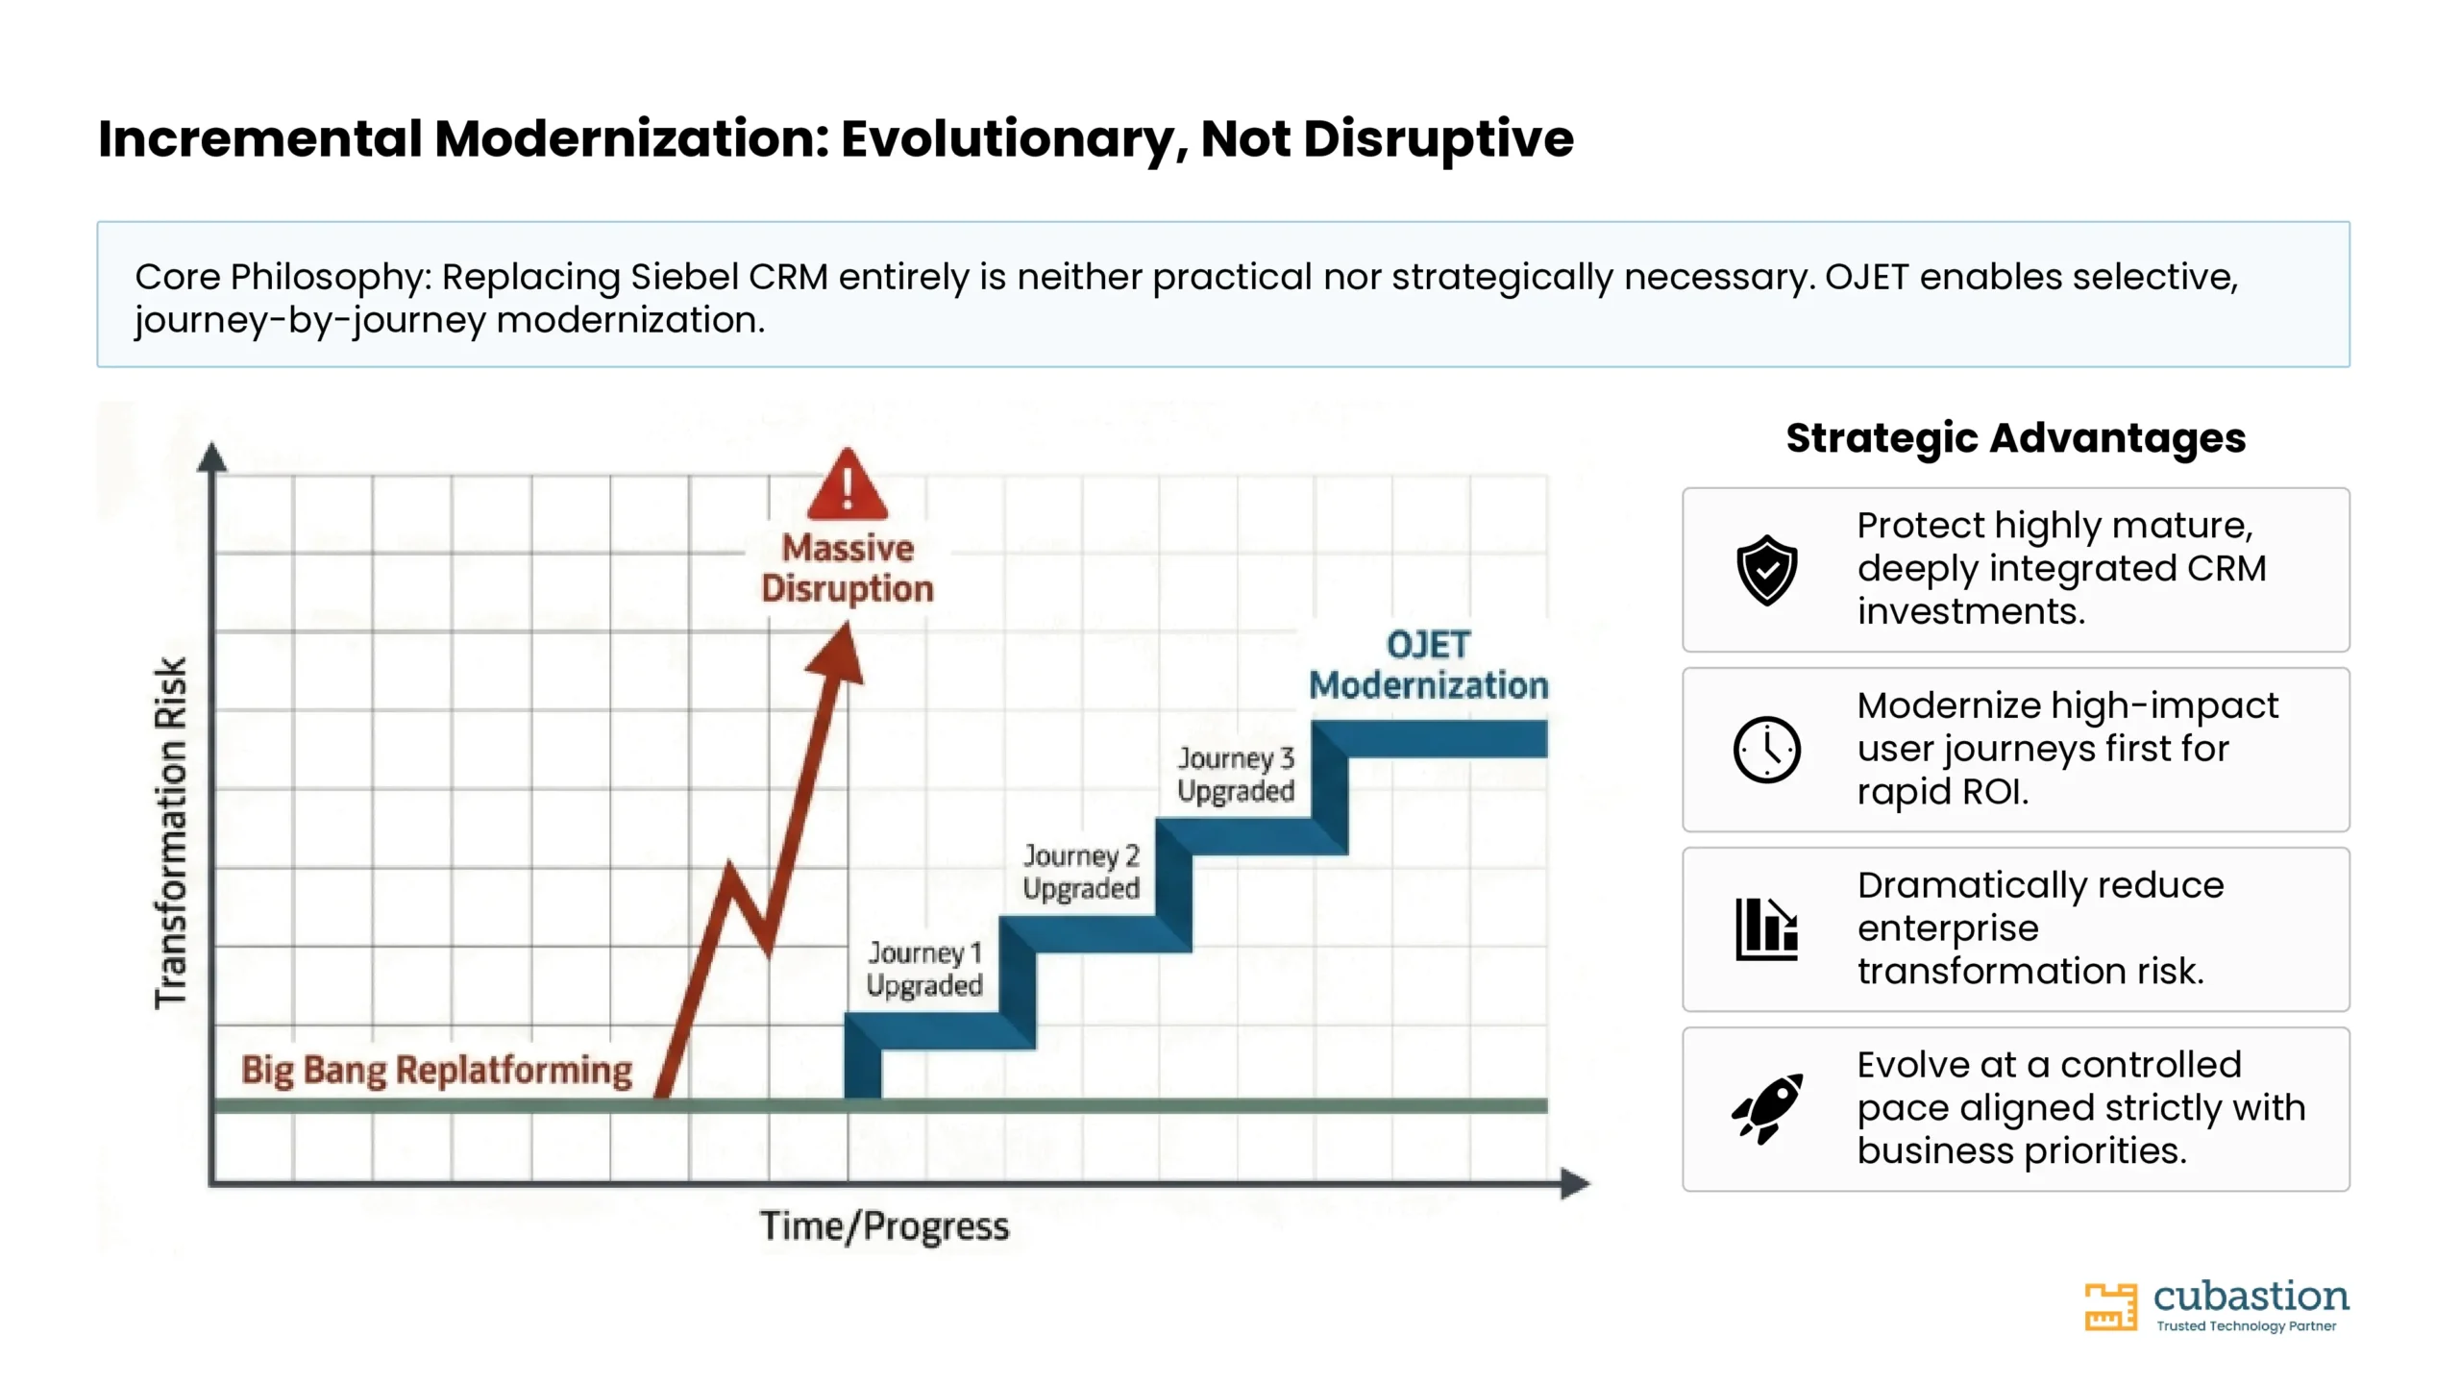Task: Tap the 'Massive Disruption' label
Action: tap(847, 568)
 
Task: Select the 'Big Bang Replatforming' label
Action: tap(436, 1070)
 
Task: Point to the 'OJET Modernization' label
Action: tap(1428, 664)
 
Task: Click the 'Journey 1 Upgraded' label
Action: tap(924, 969)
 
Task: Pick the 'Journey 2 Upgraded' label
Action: tap(1081, 872)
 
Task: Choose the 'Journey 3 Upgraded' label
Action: tap(1236, 775)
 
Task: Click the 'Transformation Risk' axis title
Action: tap(170, 832)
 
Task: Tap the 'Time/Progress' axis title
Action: tap(884, 1226)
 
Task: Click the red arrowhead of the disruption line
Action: tap(836, 655)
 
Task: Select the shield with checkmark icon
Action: tap(1766, 570)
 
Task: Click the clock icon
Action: tap(1766, 750)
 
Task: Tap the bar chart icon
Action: tap(1766, 929)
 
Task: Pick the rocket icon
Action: tap(1766, 1109)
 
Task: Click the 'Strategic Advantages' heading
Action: tap(2015, 438)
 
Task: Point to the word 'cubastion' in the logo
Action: tap(2251, 1297)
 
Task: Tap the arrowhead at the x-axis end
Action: tap(1576, 1183)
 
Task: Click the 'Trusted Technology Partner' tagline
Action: tap(2246, 1326)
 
